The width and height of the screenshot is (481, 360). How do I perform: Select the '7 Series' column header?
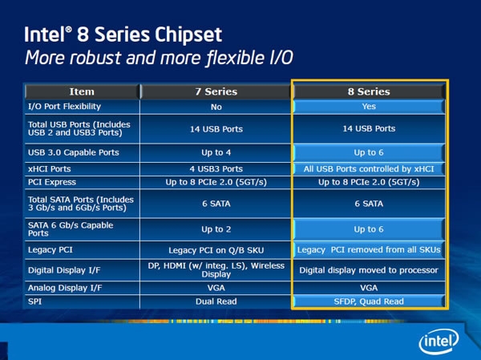216,91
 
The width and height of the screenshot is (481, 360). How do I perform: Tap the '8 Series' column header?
369,91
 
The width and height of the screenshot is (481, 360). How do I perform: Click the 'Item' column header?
82,91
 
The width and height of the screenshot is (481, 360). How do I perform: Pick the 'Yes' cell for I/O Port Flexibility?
369,107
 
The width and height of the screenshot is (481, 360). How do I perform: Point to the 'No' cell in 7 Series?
216,107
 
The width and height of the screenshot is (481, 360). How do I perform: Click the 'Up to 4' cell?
216,152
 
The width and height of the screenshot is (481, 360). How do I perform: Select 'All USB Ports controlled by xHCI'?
369,169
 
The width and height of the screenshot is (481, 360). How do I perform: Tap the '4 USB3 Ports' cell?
216,169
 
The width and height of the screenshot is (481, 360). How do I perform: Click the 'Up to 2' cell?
216,229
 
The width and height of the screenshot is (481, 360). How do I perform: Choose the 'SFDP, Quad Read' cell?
369,301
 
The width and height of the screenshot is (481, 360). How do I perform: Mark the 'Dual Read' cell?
216,301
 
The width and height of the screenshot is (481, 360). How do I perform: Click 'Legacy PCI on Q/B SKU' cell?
216,250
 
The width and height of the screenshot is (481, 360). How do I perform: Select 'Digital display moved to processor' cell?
369,270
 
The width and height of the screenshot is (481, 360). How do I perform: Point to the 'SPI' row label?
34,301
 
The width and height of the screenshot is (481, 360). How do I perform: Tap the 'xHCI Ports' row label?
50,169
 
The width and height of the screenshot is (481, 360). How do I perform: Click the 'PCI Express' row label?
52,182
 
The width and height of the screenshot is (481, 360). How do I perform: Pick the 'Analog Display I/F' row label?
65,288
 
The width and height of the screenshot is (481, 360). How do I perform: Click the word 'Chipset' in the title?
188,34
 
